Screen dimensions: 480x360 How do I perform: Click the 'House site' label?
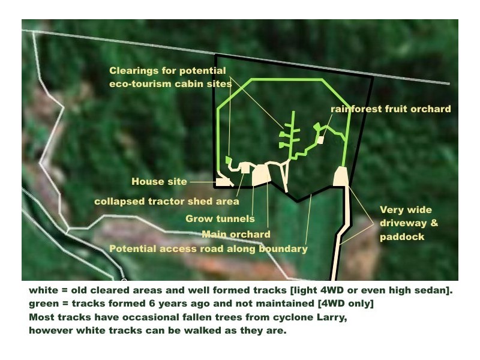click(159, 182)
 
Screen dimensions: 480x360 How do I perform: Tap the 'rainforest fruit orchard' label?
click(391, 109)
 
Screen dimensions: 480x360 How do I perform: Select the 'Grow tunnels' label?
click(220, 218)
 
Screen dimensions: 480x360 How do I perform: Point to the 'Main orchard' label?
click(236, 235)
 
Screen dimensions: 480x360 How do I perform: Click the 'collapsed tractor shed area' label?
click(167, 202)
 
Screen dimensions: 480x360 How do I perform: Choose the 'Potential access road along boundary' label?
click(208, 249)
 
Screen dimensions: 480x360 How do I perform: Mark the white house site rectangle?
click(223, 182)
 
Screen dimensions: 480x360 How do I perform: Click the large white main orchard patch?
click(261, 175)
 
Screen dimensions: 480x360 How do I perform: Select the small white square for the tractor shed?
click(245, 168)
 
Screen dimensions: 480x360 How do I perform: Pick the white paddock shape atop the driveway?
click(340, 176)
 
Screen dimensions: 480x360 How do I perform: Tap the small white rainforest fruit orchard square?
click(320, 140)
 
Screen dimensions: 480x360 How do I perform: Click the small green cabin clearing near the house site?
click(228, 160)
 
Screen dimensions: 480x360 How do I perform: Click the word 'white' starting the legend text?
click(43, 290)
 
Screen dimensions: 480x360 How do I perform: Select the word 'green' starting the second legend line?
click(43, 304)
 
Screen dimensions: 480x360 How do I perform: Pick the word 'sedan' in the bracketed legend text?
click(432, 290)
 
